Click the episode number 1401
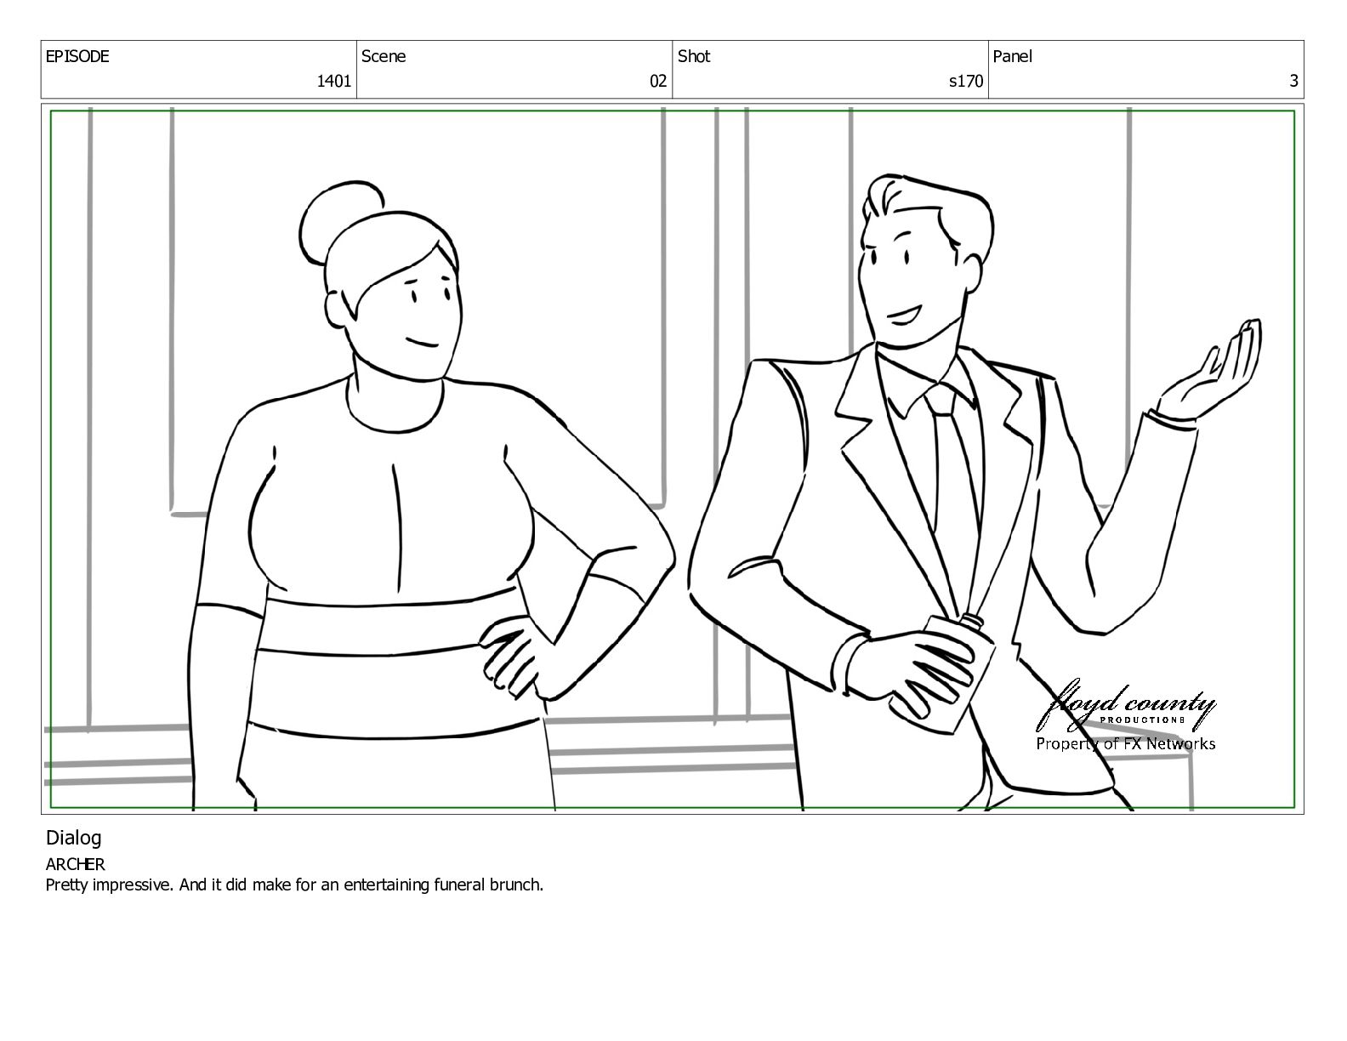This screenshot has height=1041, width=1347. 333,81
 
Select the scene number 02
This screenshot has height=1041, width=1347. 657,81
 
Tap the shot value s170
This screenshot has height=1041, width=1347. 966,81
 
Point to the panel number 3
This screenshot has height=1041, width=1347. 1293,81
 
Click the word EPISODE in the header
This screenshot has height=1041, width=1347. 77,56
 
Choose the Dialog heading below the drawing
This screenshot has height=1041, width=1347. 73,839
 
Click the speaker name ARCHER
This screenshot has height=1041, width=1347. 75,864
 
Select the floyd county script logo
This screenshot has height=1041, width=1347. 1126,707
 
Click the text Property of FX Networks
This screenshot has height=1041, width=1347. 1126,744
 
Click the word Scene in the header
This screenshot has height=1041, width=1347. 384,56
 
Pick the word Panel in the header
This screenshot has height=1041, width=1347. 1012,56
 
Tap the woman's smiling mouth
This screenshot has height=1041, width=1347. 423,342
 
